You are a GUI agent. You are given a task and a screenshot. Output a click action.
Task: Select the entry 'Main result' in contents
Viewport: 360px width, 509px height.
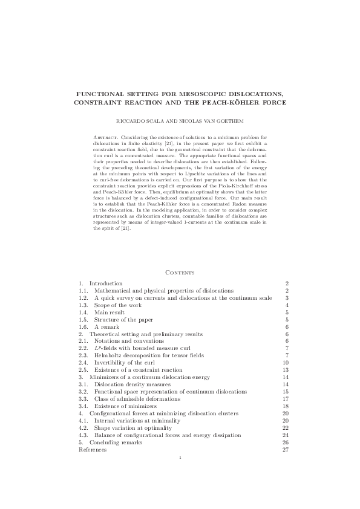108,313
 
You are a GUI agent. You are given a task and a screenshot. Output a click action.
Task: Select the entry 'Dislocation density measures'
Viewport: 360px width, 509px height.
129,384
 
